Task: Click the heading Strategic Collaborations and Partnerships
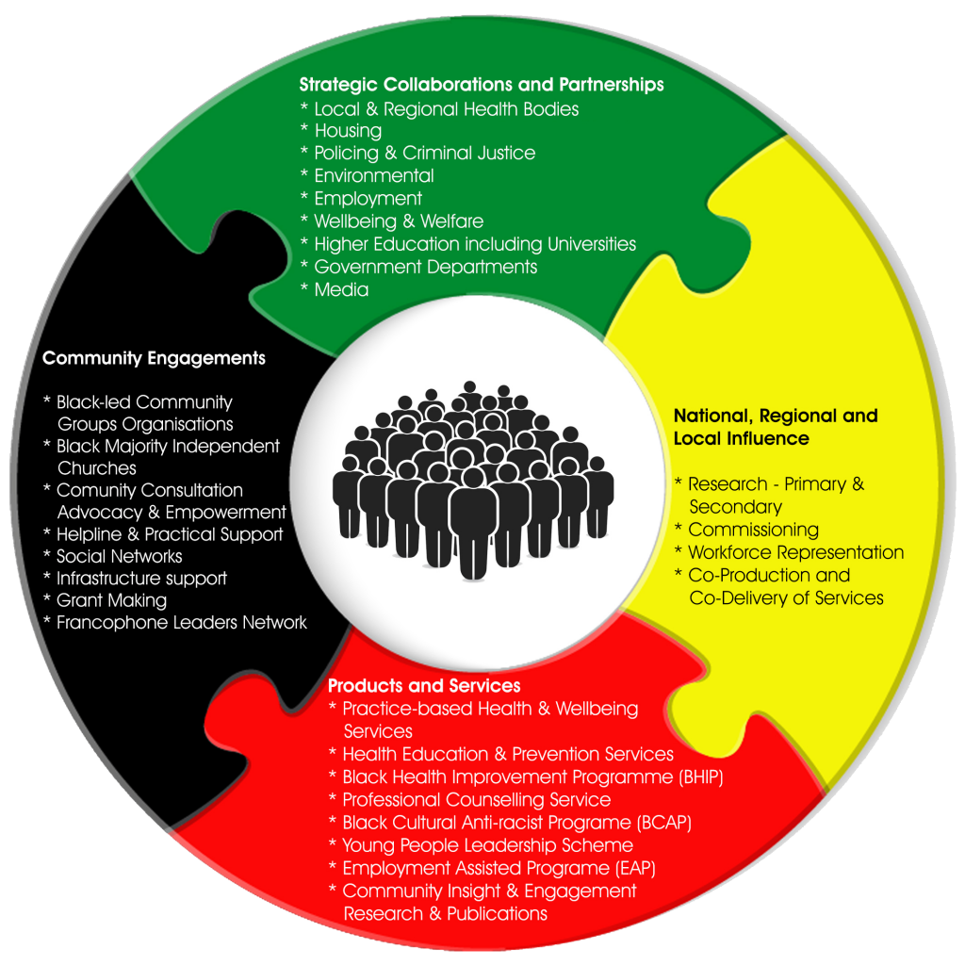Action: (482, 85)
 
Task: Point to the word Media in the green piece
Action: (341, 290)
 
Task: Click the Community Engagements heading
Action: (154, 358)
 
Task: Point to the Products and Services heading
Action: (424, 686)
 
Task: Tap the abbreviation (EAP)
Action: (635, 868)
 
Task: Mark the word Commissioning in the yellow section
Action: (753, 530)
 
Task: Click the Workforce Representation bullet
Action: (795, 552)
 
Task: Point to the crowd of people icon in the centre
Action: (473, 480)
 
